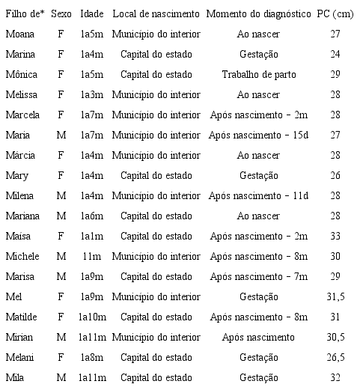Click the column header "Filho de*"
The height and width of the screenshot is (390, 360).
[x=25, y=14]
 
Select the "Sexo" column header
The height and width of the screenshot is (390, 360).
[x=61, y=14]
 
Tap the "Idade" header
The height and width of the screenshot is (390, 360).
[x=91, y=14]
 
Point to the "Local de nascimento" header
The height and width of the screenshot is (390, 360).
[x=156, y=14]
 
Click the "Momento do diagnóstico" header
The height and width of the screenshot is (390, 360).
[x=259, y=14]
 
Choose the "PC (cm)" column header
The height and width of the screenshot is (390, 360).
[x=335, y=14]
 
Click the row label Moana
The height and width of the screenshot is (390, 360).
[x=19, y=34]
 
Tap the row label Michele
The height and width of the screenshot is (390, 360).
[x=22, y=256]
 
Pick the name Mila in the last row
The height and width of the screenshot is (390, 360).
[x=15, y=377]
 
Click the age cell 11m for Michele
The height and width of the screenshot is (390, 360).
[x=91, y=256]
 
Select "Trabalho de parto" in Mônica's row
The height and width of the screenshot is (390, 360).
[x=259, y=75]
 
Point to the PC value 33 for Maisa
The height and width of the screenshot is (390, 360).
[x=335, y=236]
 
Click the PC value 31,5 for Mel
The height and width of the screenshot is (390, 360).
[x=335, y=296]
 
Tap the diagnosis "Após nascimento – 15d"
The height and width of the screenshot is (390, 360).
[x=259, y=135]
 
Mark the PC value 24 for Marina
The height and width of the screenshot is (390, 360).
[x=335, y=55]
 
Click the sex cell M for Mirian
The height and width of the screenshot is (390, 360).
[x=61, y=337]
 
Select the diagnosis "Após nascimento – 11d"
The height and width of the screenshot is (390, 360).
[x=259, y=195]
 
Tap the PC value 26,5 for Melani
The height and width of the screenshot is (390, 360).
[x=335, y=357]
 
